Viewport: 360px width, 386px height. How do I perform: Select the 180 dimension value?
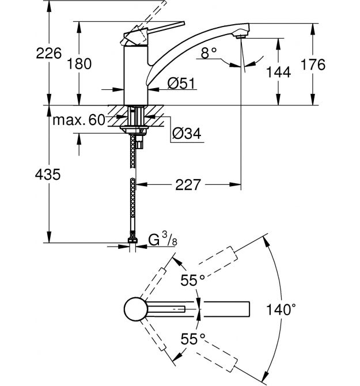(79, 64)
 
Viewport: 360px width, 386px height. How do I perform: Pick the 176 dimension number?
(313, 64)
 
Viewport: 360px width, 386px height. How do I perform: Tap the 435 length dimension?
(48, 175)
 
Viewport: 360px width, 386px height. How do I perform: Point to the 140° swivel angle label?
(282, 310)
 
